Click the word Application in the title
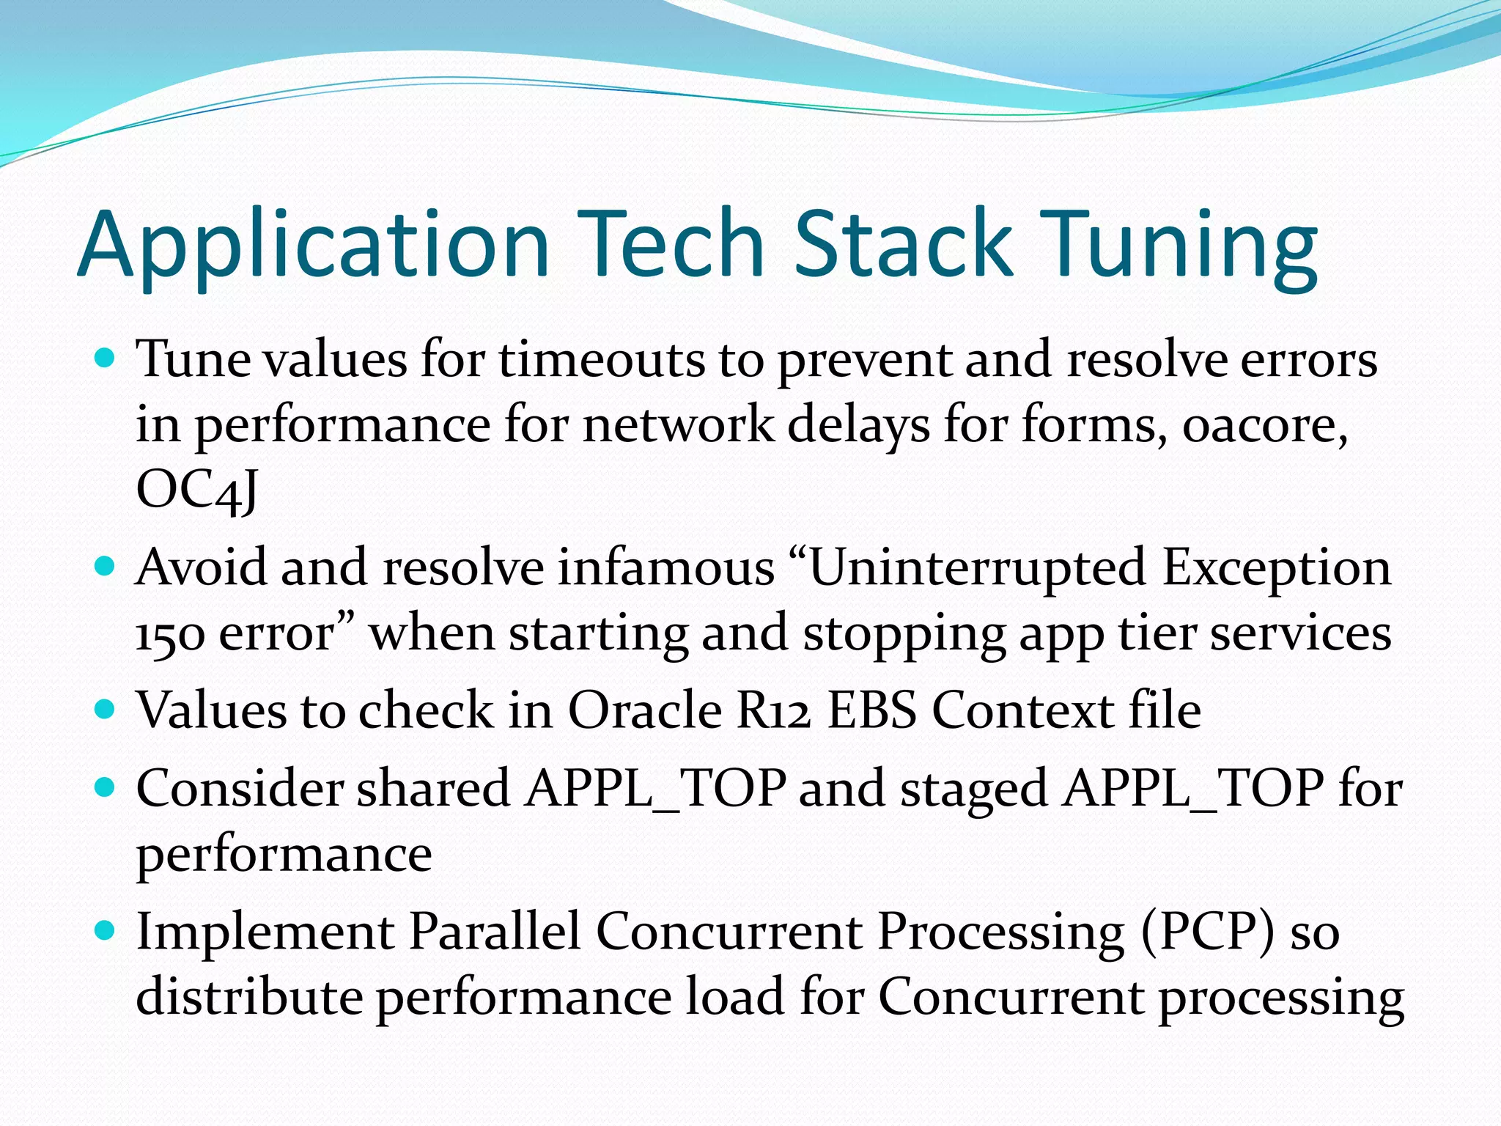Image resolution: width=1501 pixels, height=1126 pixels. click(314, 245)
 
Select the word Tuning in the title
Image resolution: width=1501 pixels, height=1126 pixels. click(1180, 245)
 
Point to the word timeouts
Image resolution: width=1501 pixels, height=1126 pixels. click(602, 361)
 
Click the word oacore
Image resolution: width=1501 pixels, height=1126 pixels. click(1264, 425)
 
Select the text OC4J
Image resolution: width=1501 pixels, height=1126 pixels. click(196, 490)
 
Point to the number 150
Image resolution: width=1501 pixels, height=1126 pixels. click(170, 634)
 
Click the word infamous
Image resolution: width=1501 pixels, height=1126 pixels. click(665, 568)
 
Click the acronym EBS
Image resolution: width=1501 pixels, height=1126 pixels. click(872, 710)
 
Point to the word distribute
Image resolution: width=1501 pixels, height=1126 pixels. click(249, 997)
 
